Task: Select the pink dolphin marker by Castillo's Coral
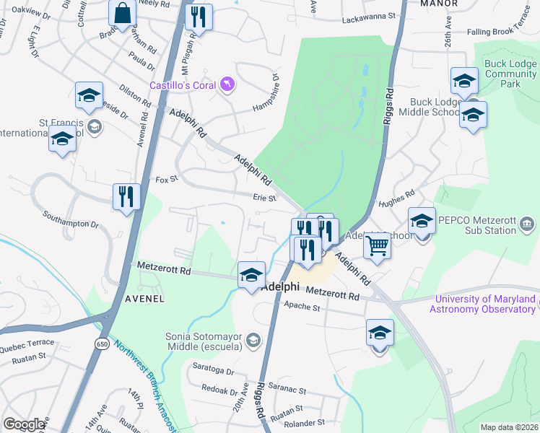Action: tap(227, 86)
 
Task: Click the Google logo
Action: tap(24, 424)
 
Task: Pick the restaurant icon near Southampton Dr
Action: tap(126, 196)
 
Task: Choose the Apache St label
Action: tap(302, 307)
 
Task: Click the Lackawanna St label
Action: tap(369, 14)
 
